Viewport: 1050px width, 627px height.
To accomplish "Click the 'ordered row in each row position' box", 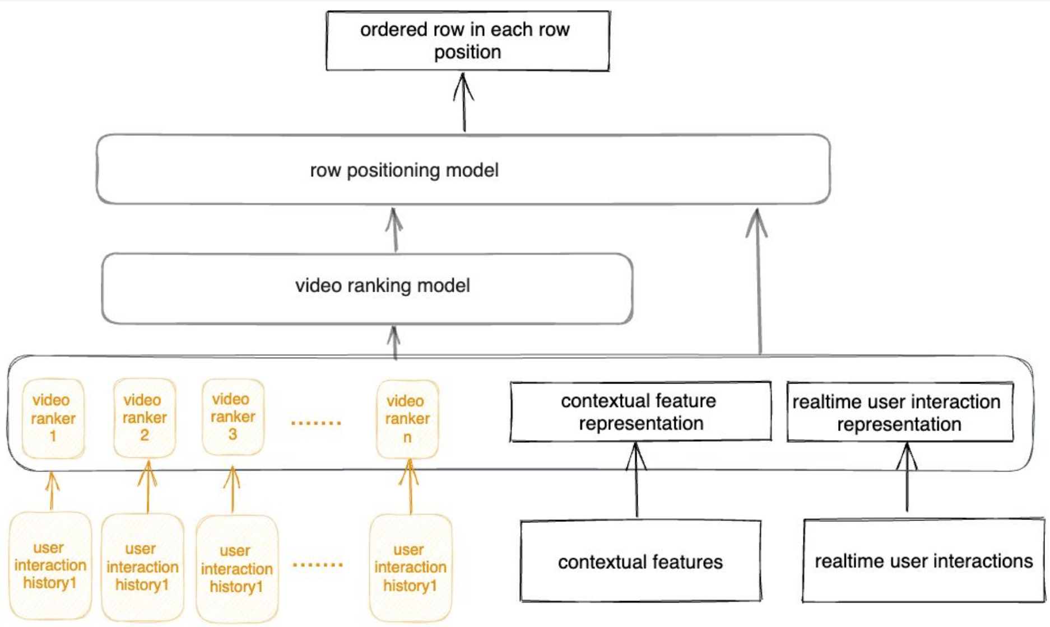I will (468, 41).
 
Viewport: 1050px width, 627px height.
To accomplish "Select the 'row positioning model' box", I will (463, 169).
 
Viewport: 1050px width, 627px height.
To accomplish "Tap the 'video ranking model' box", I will (367, 288).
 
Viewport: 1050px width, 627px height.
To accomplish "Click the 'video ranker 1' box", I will (53, 418).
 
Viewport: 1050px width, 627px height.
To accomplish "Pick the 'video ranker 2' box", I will (145, 418).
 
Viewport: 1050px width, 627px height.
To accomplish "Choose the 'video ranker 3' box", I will (233, 417).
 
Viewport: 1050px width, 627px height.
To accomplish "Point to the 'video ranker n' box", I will (407, 419).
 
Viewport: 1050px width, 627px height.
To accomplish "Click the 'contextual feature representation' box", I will (640, 412).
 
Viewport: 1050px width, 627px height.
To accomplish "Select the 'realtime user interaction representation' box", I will (900, 413).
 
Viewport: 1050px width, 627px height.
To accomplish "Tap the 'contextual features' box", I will (640, 562).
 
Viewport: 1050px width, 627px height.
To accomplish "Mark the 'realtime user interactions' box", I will (923, 560).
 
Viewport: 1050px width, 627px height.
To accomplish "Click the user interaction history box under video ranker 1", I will (50, 565).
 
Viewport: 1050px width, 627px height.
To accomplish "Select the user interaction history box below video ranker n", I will (411, 567).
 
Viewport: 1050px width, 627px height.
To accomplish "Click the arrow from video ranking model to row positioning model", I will (395, 230).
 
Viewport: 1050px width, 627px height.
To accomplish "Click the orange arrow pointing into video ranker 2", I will (147, 487).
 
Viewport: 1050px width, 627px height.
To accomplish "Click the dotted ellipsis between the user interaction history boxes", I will (318, 564).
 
